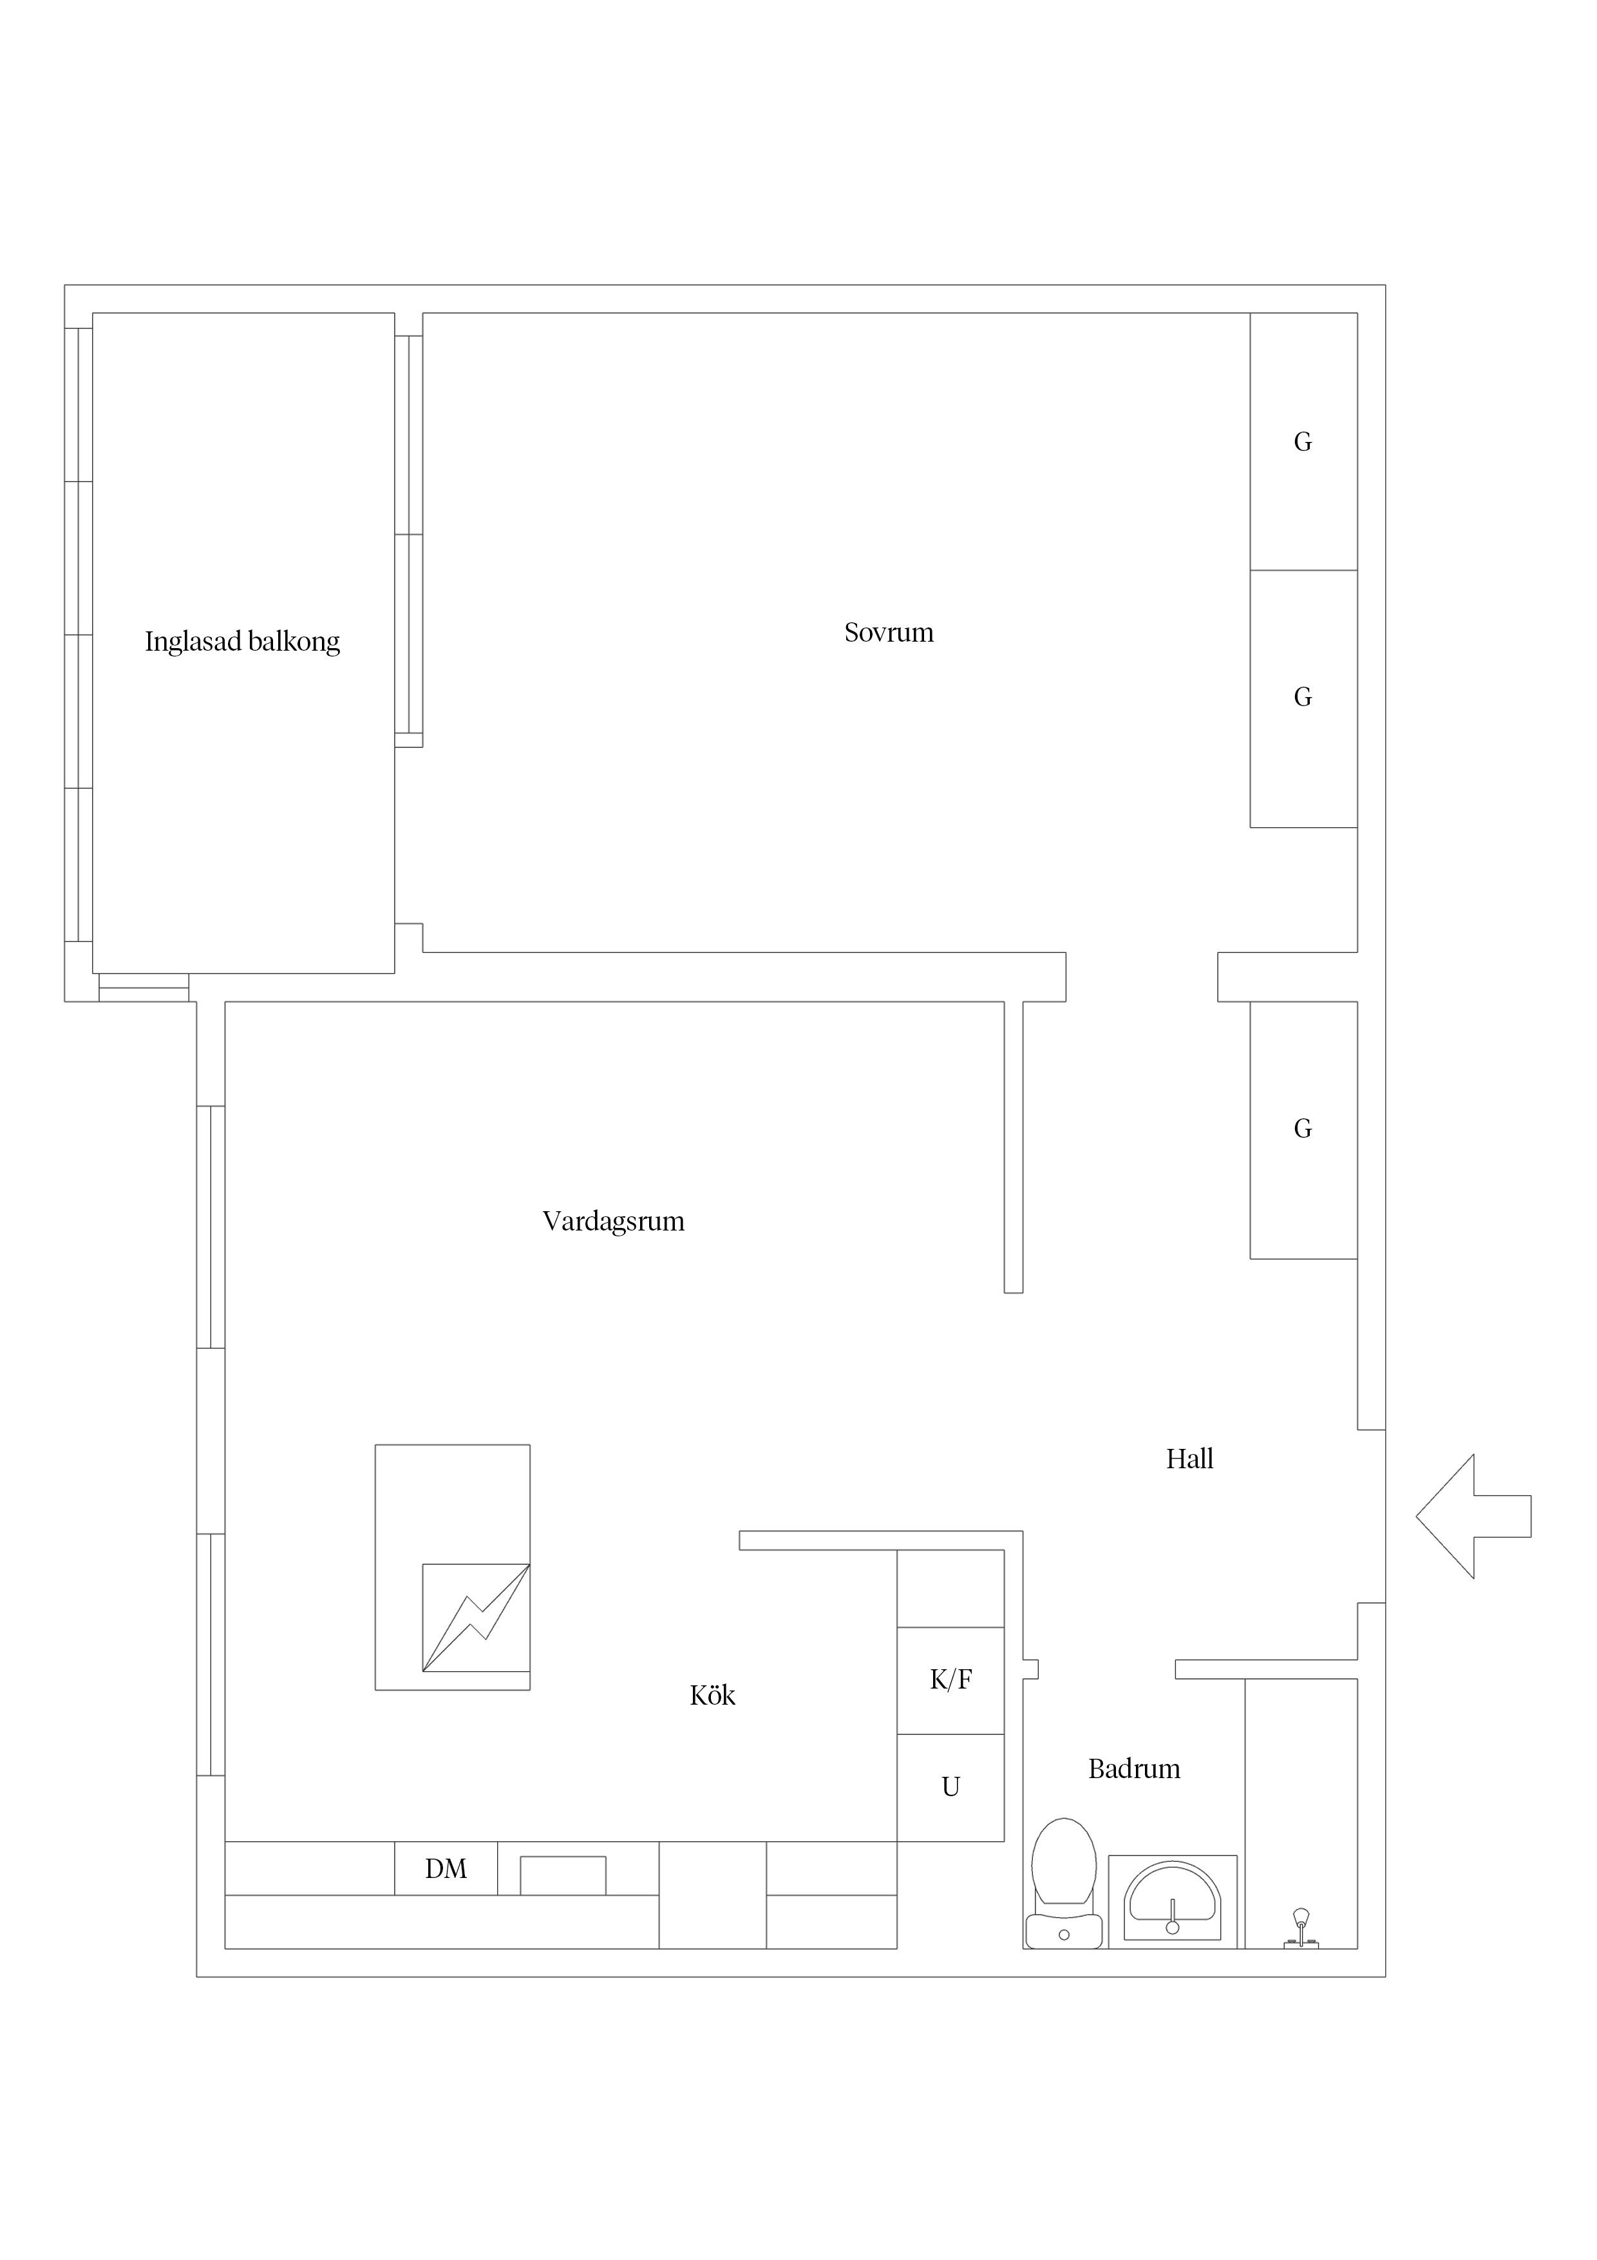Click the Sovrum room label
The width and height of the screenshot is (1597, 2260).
tap(889, 632)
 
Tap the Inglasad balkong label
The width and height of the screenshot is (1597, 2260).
tap(242, 642)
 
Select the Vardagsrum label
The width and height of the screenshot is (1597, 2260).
tap(613, 1221)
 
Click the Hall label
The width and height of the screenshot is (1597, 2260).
tap(1189, 1459)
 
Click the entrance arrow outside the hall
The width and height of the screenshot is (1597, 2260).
tap(1473, 1517)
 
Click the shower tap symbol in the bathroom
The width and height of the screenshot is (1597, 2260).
tap(1301, 1928)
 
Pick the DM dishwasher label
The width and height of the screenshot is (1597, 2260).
tap(446, 1869)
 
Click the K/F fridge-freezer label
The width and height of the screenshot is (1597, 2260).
tap(950, 1680)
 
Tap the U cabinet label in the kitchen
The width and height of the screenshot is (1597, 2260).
tap(950, 1786)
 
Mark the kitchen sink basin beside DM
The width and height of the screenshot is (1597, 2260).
tap(563, 1875)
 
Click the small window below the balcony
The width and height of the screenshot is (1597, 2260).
tap(144, 987)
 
